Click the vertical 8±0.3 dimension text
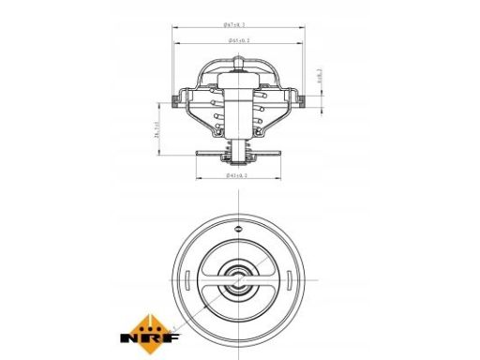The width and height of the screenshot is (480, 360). (x=320, y=78)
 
